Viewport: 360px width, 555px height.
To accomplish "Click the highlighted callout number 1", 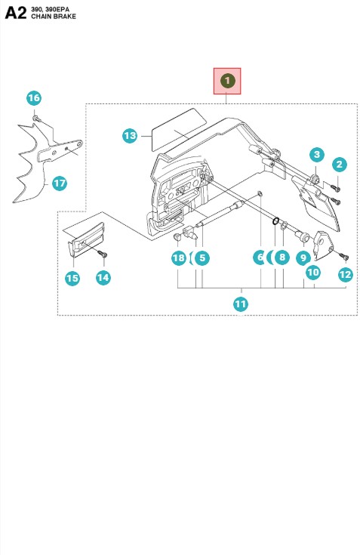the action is click(227, 81).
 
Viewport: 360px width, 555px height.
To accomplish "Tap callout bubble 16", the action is click(34, 97).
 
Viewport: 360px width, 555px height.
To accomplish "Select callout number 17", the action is click(60, 183).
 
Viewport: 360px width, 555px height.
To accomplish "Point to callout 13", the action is click(130, 136).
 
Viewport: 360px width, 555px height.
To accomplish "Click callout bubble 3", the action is click(316, 154).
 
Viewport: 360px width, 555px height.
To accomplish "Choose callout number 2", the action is click(340, 165).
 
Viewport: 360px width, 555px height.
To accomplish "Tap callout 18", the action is click(179, 257).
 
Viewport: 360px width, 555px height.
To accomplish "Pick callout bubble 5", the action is click(202, 257).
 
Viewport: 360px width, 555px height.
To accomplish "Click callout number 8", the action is click(282, 257).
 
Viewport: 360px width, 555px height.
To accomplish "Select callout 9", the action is click(303, 258).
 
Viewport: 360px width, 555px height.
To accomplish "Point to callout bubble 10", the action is click(313, 272).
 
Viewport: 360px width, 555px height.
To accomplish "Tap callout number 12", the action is click(346, 274).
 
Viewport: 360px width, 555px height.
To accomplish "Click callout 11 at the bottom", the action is click(241, 304).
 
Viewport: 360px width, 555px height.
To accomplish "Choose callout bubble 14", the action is click(103, 277).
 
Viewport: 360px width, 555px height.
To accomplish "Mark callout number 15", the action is click(72, 278).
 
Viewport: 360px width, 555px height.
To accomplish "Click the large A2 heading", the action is click(16, 13).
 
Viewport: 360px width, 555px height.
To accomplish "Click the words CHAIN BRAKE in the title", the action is click(54, 17).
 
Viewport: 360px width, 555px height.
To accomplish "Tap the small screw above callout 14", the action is click(103, 254).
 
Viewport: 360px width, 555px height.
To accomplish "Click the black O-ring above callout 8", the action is click(275, 221).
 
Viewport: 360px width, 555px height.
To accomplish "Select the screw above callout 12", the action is click(344, 256).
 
